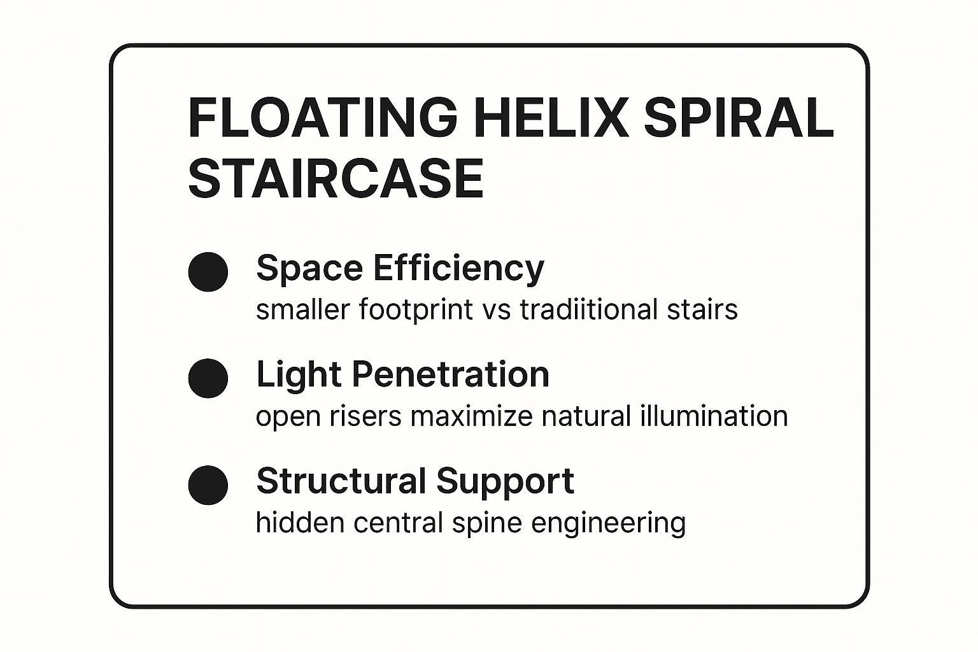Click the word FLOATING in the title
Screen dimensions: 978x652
pyautogui.click(x=323, y=118)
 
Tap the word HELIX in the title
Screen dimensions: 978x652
pyautogui.click(x=550, y=118)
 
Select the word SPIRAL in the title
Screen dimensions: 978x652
pyautogui.click(x=739, y=118)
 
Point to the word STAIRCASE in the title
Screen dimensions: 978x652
pyautogui.click(x=336, y=179)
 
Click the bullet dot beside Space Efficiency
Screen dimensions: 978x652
pyautogui.click(x=208, y=272)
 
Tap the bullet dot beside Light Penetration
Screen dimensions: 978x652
pyautogui.click(x=208, y=378)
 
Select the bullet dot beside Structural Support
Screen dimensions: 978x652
pyautogui.click(x=208, y=485)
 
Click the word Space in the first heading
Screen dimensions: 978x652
pyautogui.click(x=309, y=269)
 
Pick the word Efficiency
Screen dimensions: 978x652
pyautogui.click(x=459, y=269)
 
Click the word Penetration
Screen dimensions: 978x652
pyautogui.click(x=451, y=374)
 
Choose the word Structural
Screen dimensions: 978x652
pyautogui.click(x=341, y=481)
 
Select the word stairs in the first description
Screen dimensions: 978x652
pyautogui.click(x=702, y=309)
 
